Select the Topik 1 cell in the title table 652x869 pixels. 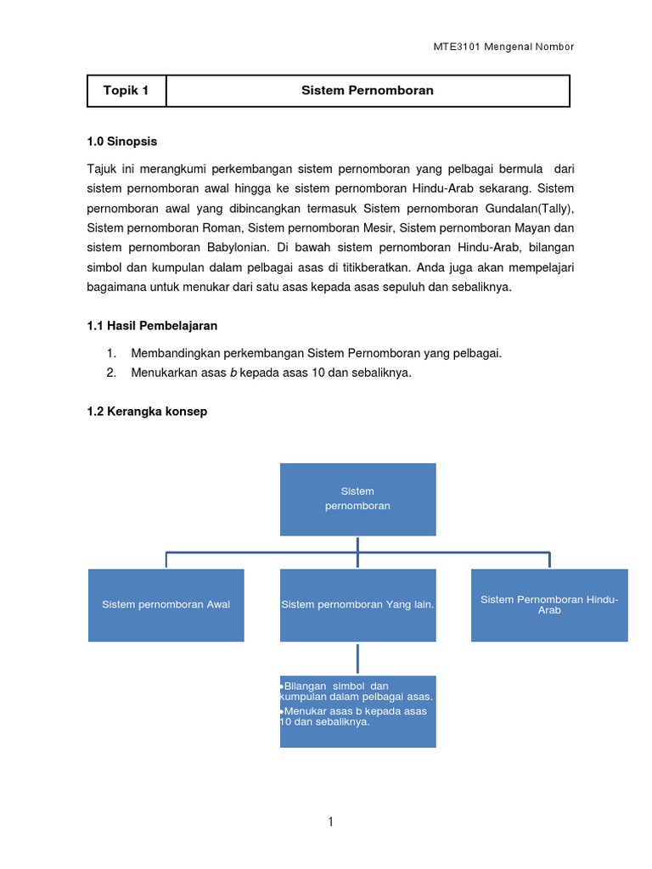[126, 91]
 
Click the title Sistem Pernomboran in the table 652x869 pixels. [367, 91]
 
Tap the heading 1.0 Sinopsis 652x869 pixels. [122, 142]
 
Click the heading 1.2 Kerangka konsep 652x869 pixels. [147, 412]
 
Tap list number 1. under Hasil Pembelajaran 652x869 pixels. [110, 353]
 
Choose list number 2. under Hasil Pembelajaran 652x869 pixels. [110, 373]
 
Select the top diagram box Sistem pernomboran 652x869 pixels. [357, 499]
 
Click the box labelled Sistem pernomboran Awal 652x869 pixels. [166, 604]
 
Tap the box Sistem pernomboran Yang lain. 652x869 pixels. [357, 604]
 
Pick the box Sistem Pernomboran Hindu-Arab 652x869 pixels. [549, 604]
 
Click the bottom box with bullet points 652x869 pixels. [357, 711]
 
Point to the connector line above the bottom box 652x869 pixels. [357, 659]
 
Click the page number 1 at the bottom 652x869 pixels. [331, 821]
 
